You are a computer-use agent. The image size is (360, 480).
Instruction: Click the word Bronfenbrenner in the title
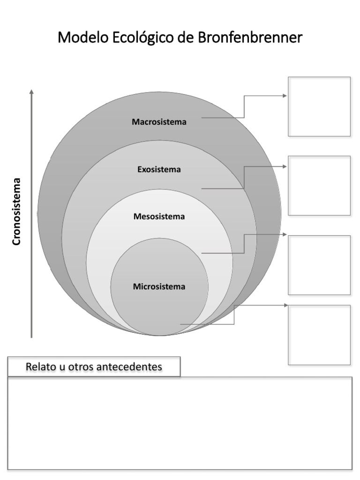tap(250, 37)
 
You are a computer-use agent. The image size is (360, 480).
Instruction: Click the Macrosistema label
tap(159, 122)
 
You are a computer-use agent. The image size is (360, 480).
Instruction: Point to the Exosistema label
tap(159, 169)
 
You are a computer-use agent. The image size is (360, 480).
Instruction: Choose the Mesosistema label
tap(159, 217)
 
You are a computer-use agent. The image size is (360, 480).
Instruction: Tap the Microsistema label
tap(159, 286)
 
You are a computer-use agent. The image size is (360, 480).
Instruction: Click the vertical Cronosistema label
tap(17, 211)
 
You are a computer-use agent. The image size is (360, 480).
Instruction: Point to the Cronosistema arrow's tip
tap(31, 90)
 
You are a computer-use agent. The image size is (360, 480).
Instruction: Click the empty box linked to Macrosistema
tap(319, 106)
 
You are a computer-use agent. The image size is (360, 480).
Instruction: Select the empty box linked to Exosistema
tap(319, 186)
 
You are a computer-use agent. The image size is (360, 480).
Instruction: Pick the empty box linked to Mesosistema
tap(319, 265)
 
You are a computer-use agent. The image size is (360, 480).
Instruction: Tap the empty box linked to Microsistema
tap(319, 335)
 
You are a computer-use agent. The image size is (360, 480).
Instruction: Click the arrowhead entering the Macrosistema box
tap(285, 96)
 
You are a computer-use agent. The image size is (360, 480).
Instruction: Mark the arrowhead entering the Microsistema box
tap(285, 305)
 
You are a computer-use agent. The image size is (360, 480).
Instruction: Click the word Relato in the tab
tap(40, 367)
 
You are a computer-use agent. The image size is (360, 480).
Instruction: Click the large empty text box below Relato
tap(180, 423)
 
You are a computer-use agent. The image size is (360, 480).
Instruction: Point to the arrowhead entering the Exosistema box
tap(285, 166)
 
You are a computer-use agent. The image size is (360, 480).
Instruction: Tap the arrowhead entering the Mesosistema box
tap(285, 234)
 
